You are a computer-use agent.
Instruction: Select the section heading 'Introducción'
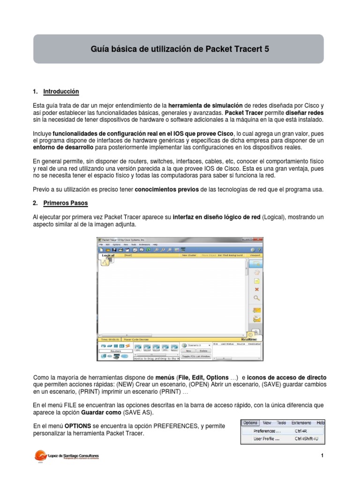(x=61, y=91)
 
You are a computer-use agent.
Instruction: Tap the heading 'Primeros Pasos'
(x=65, y=203)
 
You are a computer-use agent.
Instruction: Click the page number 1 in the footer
(x=322, y=456)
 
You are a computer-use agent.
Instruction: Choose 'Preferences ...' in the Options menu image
(x=268, y=431)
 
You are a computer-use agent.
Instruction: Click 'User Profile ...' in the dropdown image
(x=267, y=439)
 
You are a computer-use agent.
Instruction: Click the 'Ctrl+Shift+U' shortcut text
(x=306, y=439)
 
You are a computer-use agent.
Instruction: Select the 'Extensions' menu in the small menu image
(x=301, y=422)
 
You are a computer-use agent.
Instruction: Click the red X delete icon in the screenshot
(x=256, y=289)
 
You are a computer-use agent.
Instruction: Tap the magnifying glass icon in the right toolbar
(x=256, y=298)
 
